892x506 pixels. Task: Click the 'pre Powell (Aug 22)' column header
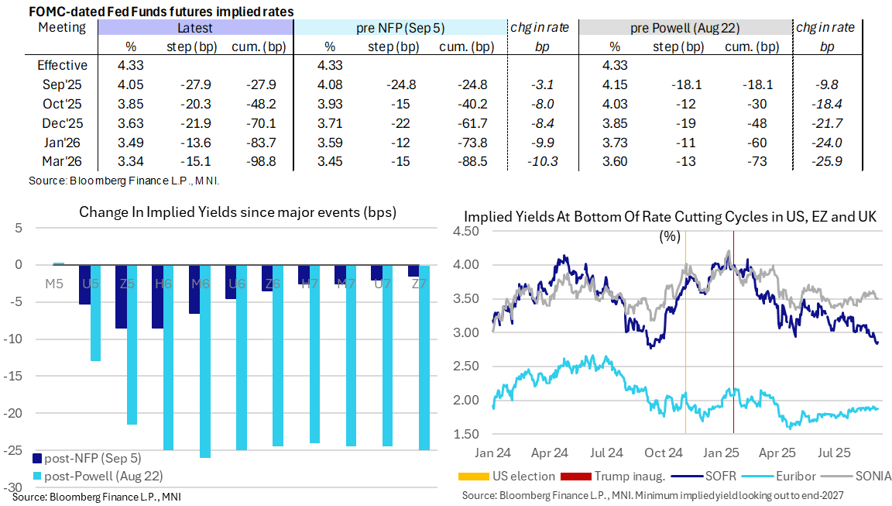pos(684,28)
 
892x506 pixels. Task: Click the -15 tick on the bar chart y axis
pos(15,376)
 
